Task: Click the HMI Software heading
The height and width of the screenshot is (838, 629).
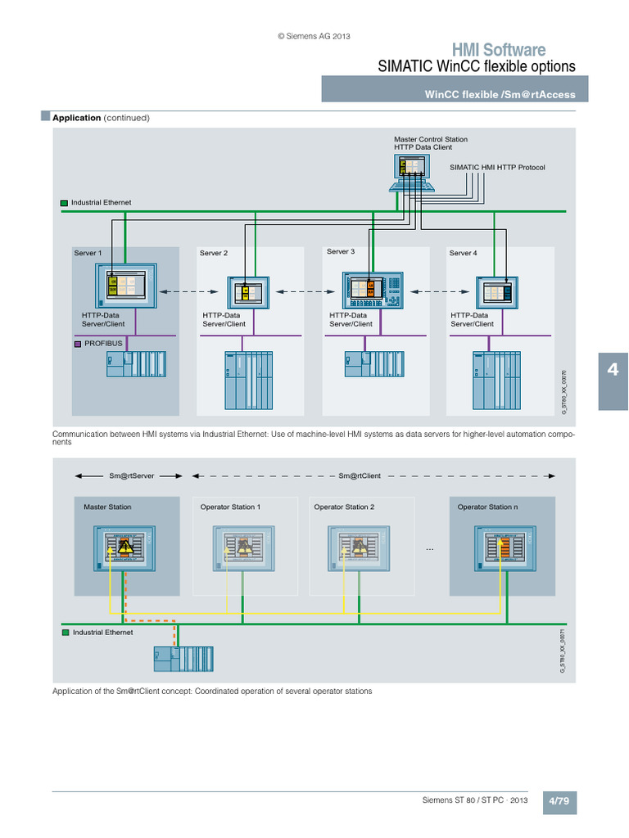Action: tap(498, 50)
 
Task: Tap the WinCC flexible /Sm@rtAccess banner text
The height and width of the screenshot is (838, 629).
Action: tap(499, 94)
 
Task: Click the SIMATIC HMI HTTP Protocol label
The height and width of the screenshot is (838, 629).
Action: tap(497, 167)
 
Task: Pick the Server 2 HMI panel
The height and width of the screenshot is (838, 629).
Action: tap(247, 292)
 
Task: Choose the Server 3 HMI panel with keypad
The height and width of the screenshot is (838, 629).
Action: tap(373, 290)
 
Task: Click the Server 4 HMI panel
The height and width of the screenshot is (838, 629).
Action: tap(498, 292)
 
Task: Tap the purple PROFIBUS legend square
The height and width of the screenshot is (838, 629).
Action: tap(77, 344)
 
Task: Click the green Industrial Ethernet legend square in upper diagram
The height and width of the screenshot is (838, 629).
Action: tap(64, 202)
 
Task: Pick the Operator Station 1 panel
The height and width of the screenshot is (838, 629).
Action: tap(243, 547)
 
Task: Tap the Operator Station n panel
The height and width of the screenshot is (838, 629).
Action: tap(501, 547)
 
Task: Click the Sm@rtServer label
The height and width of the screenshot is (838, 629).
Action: tap(132, 475)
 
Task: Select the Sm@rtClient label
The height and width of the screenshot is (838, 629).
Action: tap(360, 475)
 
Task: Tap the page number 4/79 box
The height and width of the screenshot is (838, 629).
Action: tap(559, 801)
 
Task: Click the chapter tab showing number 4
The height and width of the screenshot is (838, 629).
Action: tap(612, 371)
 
